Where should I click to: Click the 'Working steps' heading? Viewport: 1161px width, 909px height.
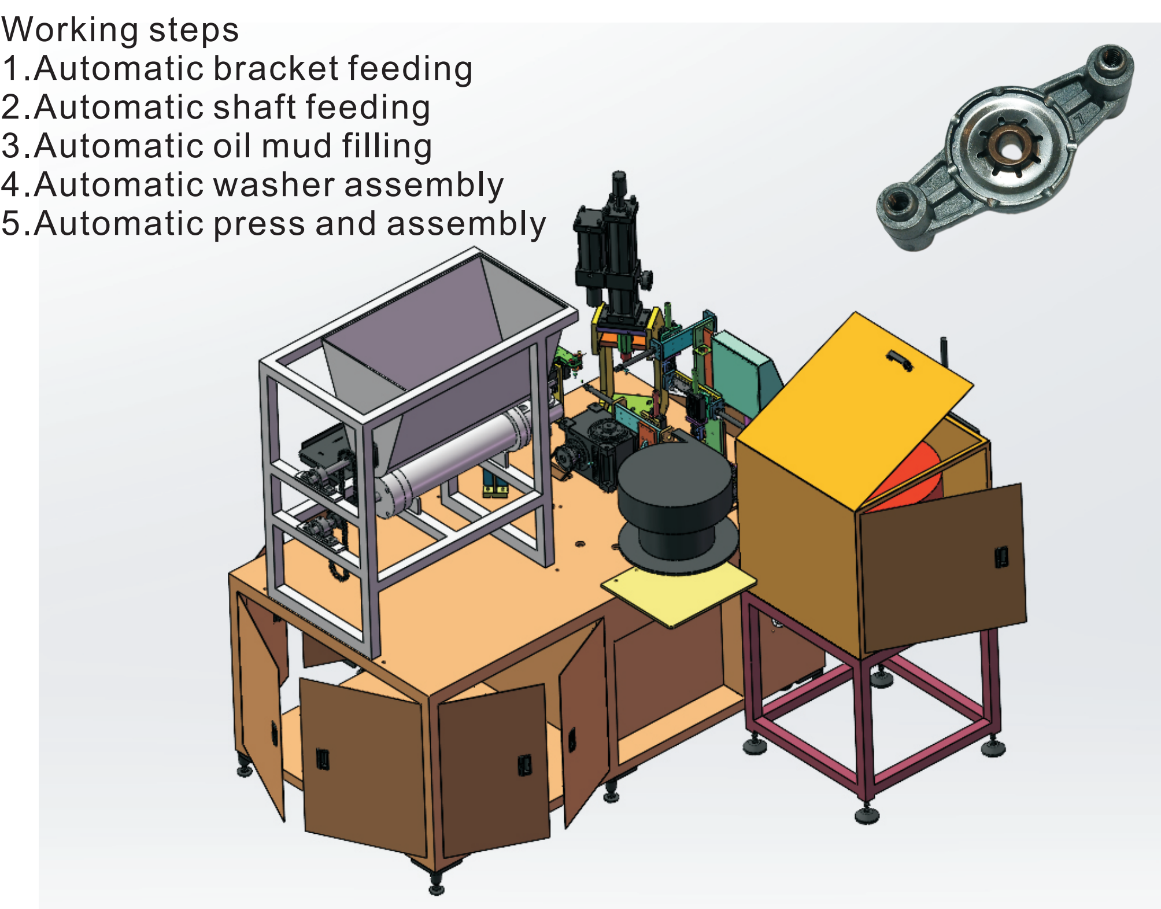pyautogui.click(x=120, y=30)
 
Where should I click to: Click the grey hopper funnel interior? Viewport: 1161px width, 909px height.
pyautogui.click(x=416, y=335)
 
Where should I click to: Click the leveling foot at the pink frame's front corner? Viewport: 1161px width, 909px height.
pyautogui.click(x=867, y=815)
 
